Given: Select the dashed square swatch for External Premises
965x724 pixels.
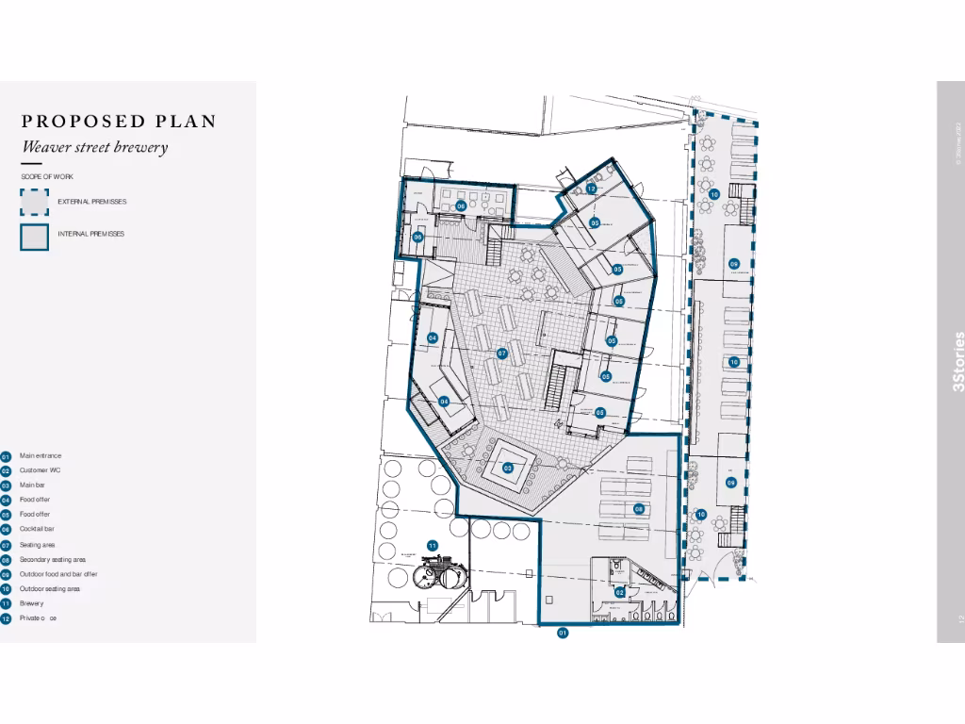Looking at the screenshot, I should pyautogui.click(x=34, y=202).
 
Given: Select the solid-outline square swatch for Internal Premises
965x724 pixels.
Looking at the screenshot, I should pyautogui.click(x=34, y=237).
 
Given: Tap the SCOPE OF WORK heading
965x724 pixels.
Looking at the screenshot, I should pyautogui.click(x=47, y=177).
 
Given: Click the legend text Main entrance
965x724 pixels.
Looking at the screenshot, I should pyautogui.click(x=41, y=456).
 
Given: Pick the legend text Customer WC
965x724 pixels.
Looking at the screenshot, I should pyautogui.click(x=41, y=470).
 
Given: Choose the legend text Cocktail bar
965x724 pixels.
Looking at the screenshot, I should pyautogui.click(x=38, y=530).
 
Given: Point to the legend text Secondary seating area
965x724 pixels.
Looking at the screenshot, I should pyautogui.click(x=53, y=560).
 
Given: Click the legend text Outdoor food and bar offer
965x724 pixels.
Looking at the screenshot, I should pyautogui.click(x=58, y=574).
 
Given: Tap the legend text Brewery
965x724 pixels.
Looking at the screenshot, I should pyautogui.click(x=32, y=603).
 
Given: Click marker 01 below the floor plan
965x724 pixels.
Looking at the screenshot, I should pyautogui.click(x=563, y=633).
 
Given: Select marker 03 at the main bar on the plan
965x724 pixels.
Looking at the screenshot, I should pyautogui.click(x=507, y=468).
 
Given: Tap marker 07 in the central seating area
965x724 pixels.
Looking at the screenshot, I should pyautogui.click(x=502, y=354).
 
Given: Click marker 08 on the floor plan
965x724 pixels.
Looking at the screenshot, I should pyautogui.click(x=639, y=509).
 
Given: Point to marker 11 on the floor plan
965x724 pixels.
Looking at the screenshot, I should pyautogui.click(x=432, y=546).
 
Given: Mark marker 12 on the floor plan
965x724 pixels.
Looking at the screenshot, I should pyautogui.click(x=591, y=189).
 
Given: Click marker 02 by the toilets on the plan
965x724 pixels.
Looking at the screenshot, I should pyautogui.click(x=619, y=591).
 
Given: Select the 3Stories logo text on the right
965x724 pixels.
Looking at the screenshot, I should pyautogui.click(x=959, y=361).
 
